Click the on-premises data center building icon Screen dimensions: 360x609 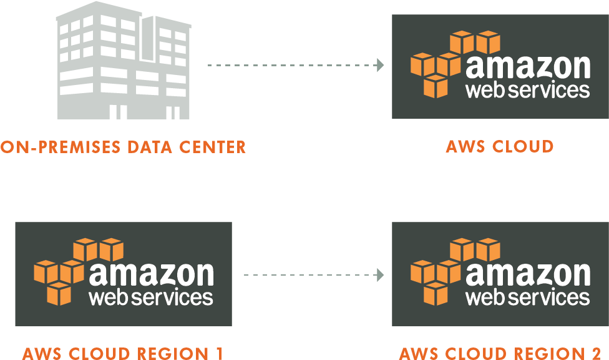click(x=124, y=62)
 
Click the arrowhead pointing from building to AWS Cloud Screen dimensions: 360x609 click(x=380, y=64)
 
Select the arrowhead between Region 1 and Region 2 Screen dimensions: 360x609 click(x=380, y=274)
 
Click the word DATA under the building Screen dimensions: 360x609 click(x=153, y=147)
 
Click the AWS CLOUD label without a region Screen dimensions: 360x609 click(x=500, y=146)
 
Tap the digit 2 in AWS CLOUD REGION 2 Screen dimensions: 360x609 click(x=597, y=353)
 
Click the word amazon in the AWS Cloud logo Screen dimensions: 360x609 click(x=527, y=67)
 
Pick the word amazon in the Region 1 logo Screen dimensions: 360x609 click(x=151, y=274)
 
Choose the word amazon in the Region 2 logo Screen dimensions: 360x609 click(x=527, y=274)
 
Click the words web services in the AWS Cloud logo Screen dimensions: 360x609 click(x=527, y=90)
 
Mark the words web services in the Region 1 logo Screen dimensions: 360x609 click(x=151, y=297)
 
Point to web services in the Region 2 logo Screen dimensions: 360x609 click(x=527, y=297)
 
